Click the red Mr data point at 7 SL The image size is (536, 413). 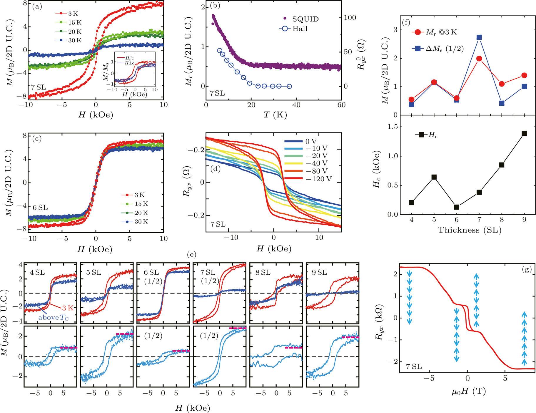pyautogui.click(x=479, y=59)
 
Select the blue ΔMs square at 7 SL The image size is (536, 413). pyautogui.click(x=479, y=37)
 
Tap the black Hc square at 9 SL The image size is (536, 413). pyautogui.click(x=524, y=133)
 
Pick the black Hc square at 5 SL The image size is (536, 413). pyautogui.click(x=434, y=177)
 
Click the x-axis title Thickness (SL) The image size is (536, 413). pyautogui.click(x=469, y=230)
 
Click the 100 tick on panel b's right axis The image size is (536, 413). pyautogui.click(x=350, y=18)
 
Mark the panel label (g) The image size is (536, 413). pyautogui.click(x=527, y=269)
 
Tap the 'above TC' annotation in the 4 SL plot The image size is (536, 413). pyautogui.click(x=53, y=318)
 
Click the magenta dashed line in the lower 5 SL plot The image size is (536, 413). pyautogui.click(x=124, y=334)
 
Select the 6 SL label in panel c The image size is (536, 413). pyautogui.click(x=40, y=208)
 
